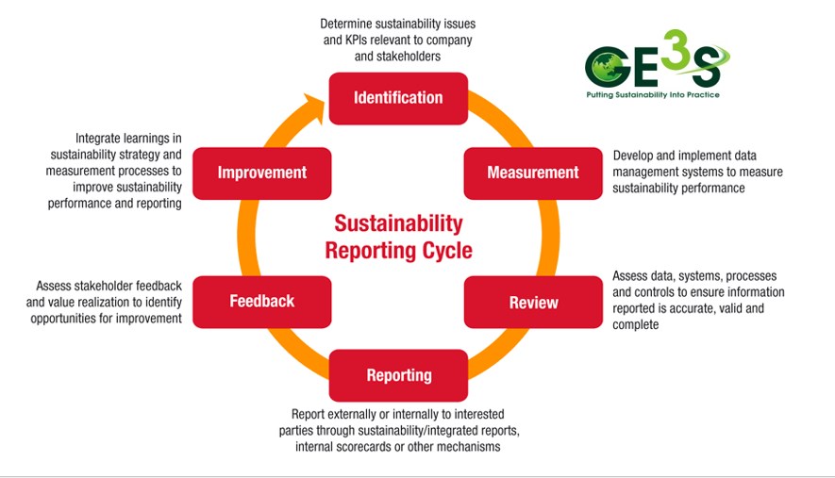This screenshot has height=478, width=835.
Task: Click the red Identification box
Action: pyautogui.click(x=397, y=98)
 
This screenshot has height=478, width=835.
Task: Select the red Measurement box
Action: pyautogui.click(x=532, y=173)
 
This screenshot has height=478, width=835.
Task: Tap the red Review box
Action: pyautogui.click(x=533, y=303)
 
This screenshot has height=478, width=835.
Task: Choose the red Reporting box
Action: pyautogui.click(x=398, y=375)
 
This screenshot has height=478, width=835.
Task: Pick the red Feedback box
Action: pyautogui.click(x=262, y=302)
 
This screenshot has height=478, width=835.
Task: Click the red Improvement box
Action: pyautogui.click(x=262, y=173)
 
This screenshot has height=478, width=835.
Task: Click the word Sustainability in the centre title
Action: pyautogui.click(x=399, y=224)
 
